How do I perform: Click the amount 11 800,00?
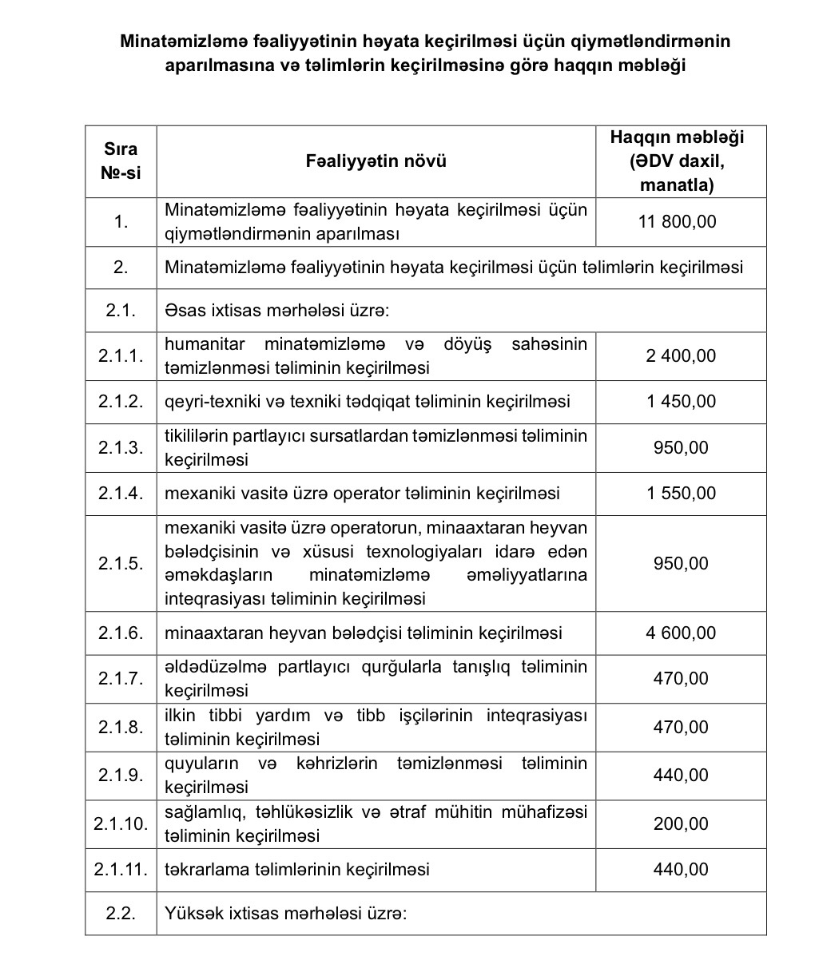point(681,221)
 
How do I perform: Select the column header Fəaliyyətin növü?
point(376,161)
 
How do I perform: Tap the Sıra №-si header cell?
point(121,161)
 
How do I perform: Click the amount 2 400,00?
point(681,355)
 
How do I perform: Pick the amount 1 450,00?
point(681,401)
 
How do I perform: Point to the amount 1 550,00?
point(681,493)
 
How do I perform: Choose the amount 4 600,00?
point(681,633)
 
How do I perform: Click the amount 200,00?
point(681,823)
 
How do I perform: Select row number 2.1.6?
point(121,633)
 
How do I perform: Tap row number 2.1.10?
point(121,823)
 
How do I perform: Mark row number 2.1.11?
point(121,869)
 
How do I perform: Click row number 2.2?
point(121,913)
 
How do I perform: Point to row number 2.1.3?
point(121,447)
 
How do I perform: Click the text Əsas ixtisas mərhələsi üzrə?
point(276,310)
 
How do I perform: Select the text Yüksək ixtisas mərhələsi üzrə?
point(286,913)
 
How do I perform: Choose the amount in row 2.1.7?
point(681,678)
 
